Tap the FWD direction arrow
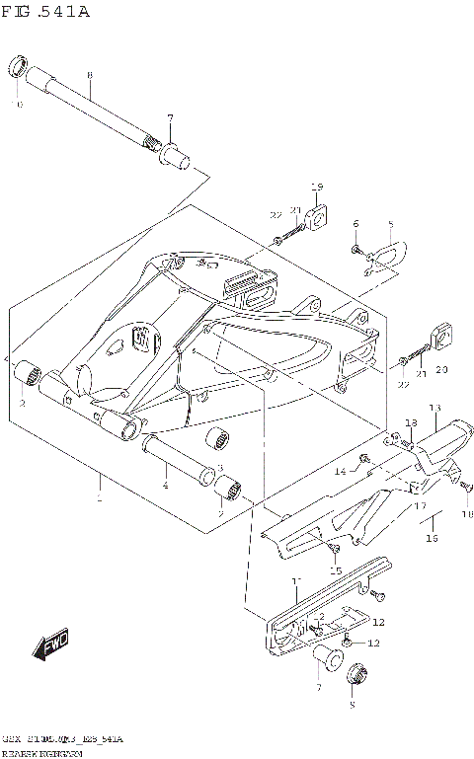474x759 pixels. tap(49, 646)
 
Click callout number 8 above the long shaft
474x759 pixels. tap(89, 75)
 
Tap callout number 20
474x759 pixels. tap(440, 369)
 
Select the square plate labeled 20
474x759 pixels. tap(440, 338)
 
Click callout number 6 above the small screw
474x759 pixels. tap(355, 224)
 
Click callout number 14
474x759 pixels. tap(339, 472)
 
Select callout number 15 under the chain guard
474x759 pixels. tap(336, 570)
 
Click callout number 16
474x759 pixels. tap(431, 539)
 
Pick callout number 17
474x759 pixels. tap(419, 506)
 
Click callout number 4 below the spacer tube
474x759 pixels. tap(166, 485)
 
